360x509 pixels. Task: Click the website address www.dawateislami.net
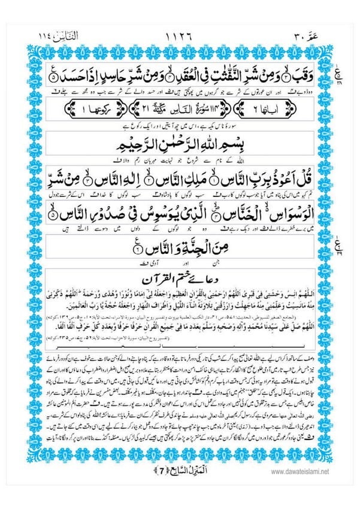(x=300, y=471)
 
